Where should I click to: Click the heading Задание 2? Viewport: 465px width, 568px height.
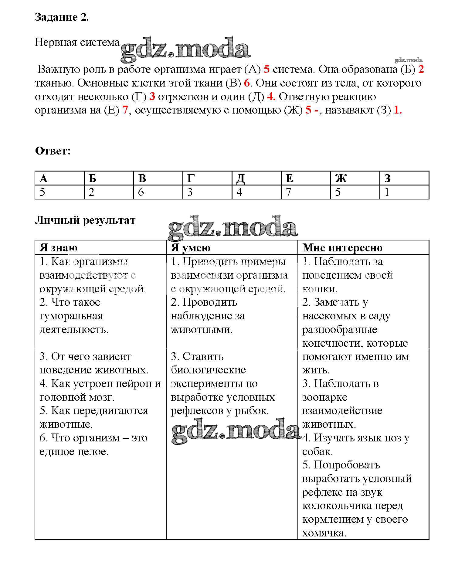62,17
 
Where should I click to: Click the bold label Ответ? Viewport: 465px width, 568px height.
53,151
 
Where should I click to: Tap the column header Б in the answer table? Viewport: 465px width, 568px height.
92,179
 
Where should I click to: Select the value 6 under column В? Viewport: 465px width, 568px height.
141,192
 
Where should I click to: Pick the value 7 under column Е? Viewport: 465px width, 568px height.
289,192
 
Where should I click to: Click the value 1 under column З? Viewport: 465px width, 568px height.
387,192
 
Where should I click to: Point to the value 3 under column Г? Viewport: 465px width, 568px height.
190,192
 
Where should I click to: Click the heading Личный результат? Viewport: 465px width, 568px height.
85,220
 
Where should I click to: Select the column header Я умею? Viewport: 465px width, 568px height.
191,248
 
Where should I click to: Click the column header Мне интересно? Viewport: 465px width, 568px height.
342,248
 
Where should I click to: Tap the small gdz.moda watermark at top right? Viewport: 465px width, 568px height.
409,60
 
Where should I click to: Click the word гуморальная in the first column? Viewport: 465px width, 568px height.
71,316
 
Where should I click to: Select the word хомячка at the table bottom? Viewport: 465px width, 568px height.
324,533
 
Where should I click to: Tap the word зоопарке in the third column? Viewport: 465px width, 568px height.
324,397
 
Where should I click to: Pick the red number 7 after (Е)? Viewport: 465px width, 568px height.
125,110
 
